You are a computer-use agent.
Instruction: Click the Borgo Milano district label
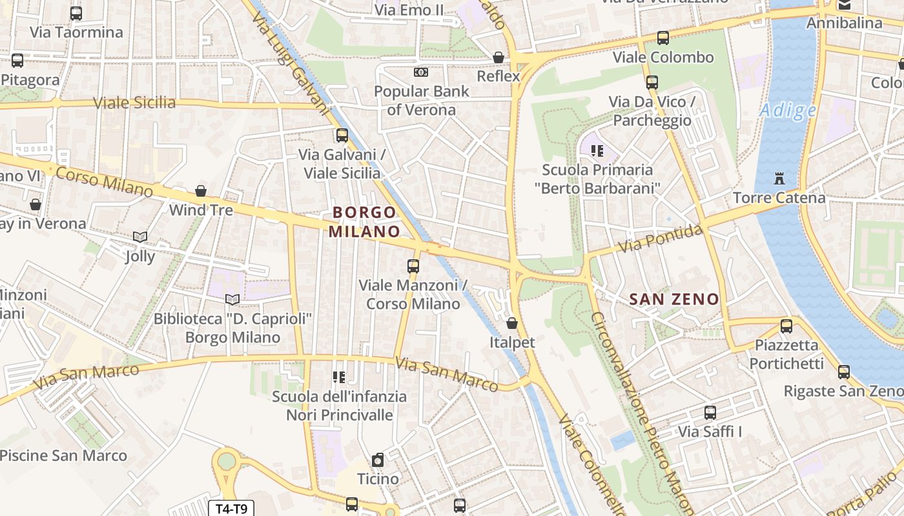364,221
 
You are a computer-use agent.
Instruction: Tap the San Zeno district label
673,299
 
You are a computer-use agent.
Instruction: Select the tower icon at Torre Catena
779,178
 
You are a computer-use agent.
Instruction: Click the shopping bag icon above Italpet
512,322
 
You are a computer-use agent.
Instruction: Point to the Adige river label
788,110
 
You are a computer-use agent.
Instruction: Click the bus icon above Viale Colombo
663,37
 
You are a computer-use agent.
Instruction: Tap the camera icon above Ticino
378,460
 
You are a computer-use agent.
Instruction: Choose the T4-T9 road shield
231,508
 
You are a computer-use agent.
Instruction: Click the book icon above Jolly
140,237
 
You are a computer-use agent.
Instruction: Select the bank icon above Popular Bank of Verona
421,72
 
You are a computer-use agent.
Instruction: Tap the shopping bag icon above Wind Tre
201,191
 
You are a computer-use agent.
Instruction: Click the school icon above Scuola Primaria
597,151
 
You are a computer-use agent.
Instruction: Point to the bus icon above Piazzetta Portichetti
786,326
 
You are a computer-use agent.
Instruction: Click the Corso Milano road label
104,181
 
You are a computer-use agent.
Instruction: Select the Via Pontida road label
660,239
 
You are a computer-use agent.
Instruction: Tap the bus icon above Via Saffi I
710,412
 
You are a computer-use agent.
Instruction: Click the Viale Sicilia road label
134,103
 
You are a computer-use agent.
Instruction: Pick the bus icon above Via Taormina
76,13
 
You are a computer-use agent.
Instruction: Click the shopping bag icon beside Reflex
498,57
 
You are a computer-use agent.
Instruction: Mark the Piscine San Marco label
63,455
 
